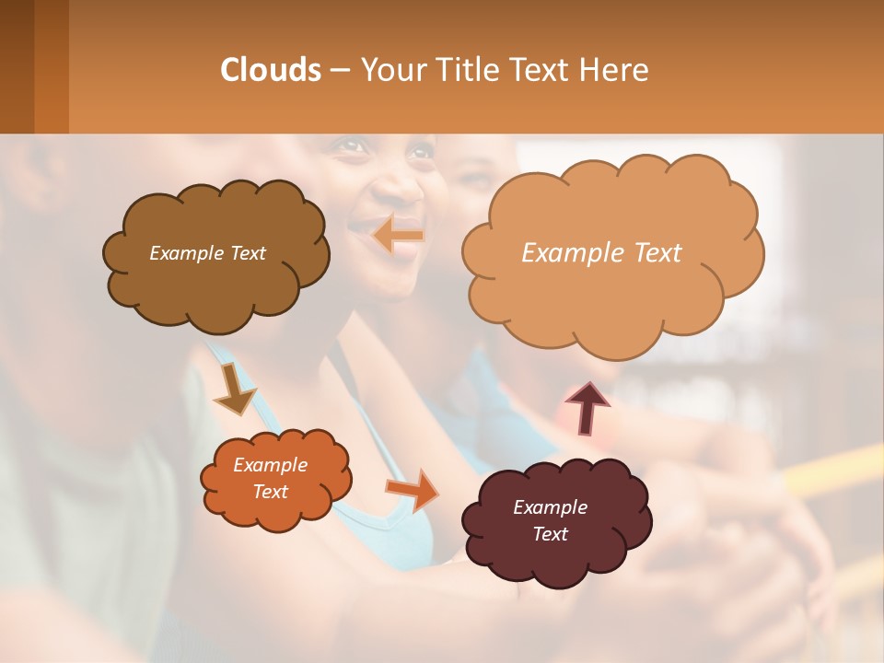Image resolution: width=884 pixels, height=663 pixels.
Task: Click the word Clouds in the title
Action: click(x=271, y=70)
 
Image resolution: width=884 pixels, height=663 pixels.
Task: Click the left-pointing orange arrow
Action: click(x=398, y=236)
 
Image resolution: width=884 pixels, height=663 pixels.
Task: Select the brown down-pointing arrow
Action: click(x=234, y=390)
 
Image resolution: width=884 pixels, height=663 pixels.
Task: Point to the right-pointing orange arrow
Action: click(x=413, y=488)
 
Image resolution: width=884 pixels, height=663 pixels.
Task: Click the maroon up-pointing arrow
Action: click(x=587, y=406)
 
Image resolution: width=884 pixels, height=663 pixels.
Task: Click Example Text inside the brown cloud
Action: click(x=208, y=253)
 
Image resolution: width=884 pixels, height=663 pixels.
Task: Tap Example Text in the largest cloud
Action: click(x=602, y=253)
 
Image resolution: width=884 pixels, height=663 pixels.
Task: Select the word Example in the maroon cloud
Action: click(x=550, y=507)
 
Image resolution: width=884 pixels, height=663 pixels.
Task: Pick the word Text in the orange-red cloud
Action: click(x=271, y=492)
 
